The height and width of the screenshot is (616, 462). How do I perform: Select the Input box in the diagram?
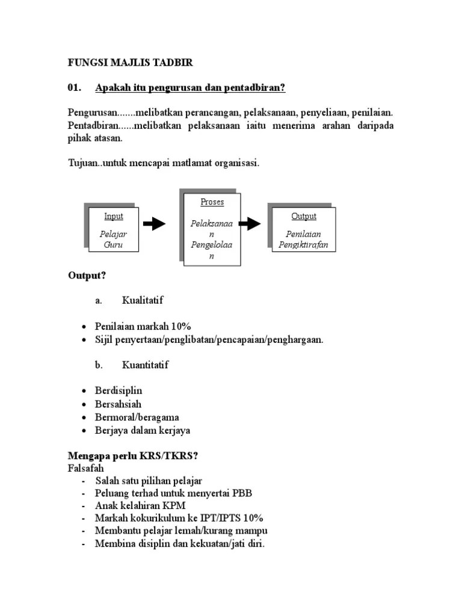(114, 230)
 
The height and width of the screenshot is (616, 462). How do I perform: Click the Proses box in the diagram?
(212, 229)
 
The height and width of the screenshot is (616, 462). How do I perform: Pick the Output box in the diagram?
(304, 230)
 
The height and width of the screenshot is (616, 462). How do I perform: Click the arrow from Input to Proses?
(155, 224)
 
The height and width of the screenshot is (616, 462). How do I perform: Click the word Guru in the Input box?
(113, 245)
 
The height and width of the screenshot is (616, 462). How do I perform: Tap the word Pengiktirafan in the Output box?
(303, 245)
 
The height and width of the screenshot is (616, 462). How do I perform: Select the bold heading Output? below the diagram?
(87, 276)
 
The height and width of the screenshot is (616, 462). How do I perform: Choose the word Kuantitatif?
(146, 365)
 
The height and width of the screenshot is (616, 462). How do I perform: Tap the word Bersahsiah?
(119, 404)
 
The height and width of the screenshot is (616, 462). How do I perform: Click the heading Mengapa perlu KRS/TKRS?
(132, 456)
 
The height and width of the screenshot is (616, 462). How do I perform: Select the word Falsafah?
(85, 468)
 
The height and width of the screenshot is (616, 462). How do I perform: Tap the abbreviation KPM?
(174, 507)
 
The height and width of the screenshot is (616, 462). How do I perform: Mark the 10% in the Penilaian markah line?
(180, 326)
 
